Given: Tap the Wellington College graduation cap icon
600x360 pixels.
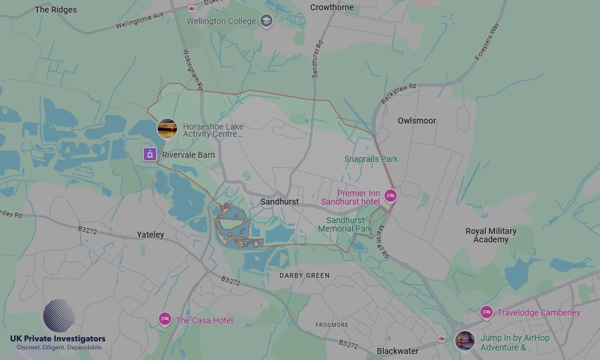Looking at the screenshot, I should pyautogui.click(x=266, y=22).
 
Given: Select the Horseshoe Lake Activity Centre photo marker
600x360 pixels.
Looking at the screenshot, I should pyautogui.click(x=167, y=128).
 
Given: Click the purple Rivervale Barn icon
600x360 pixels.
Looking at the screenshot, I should pyautogui.click(x=149, y=154).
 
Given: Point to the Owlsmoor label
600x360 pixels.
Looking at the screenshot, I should pyautogui.click(x=417, y=121).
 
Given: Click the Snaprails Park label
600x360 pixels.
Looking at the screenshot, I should pyautogui.click(x=371, y=159).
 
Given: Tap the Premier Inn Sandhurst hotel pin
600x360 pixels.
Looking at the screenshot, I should pyautogui.click(x=391, y=196).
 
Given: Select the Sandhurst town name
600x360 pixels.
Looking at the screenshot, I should pyautogui.click(x=280, y=202).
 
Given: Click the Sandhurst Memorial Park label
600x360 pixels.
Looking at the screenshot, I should pyautogui.click(x=345, y=224).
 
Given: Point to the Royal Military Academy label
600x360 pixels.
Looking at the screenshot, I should pyautogui.click(x=491, y=235).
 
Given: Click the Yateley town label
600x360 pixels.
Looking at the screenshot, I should pyautogui.click(x=150, y=235).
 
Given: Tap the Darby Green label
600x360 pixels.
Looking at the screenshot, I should pyautogui.click(x=305, y=275).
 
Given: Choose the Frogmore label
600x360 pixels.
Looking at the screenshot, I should pyautogui.click(x=332, y=325).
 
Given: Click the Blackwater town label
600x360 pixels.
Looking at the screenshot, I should pyautogui.click(x=397, y=351).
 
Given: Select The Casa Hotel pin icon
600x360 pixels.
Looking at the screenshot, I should pyautogui.click(x=165, y=319).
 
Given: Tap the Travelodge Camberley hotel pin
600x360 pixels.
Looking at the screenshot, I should pyautogui.click(x=487, y=312).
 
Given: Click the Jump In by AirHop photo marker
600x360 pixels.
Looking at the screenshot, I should pyautogui.click(x=464, y=341).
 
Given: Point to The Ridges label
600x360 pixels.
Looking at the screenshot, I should pyautogui.click(x=56, y=10).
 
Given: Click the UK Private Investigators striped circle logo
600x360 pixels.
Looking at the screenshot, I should pyautogui.click(x=59, y=316).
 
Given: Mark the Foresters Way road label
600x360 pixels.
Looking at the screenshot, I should pyautogui.click(x=487, y=41).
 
